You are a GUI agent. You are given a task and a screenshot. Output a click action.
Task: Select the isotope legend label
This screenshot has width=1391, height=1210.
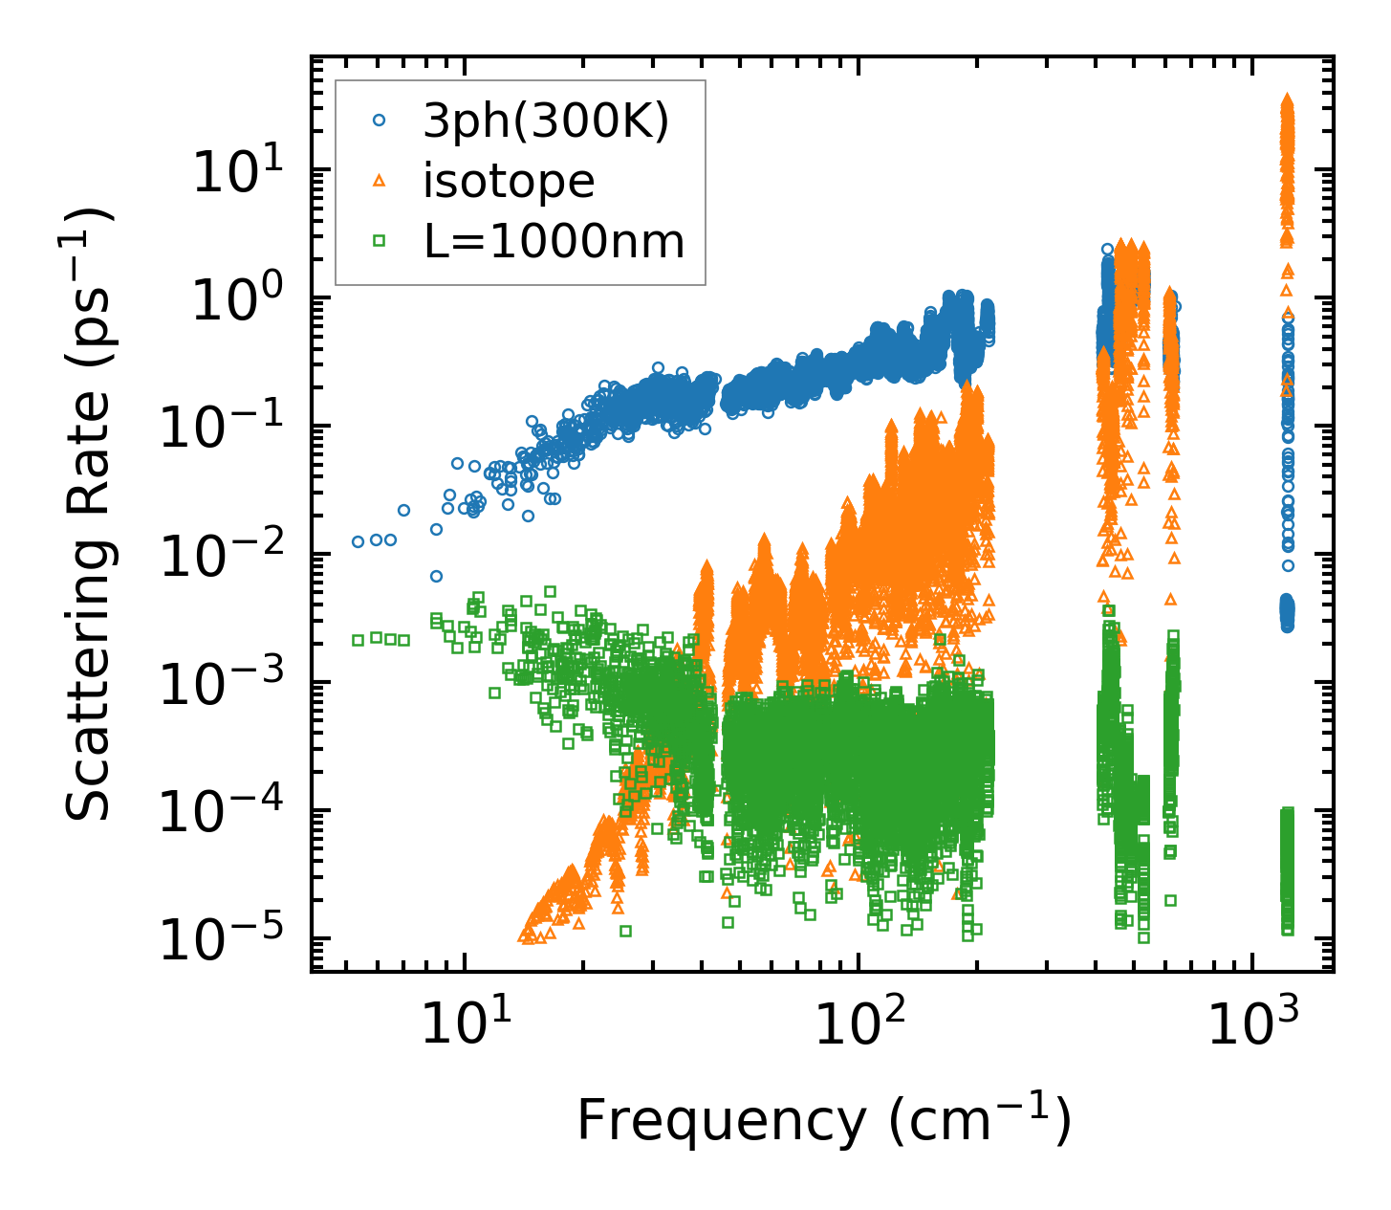point(509,181)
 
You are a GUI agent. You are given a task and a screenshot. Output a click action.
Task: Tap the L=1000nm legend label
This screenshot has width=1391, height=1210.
point(554,242)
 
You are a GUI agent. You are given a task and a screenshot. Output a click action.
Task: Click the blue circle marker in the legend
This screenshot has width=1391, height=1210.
point(380,121)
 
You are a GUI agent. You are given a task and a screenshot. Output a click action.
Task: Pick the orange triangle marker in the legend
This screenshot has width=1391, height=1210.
point(380,181)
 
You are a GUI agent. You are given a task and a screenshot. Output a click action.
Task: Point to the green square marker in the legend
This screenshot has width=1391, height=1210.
point(380,242)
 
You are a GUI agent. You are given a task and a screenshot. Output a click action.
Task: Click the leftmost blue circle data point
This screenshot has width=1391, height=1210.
point(359,541)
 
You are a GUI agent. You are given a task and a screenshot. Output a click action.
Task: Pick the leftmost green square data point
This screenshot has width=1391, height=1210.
point(359,640)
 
